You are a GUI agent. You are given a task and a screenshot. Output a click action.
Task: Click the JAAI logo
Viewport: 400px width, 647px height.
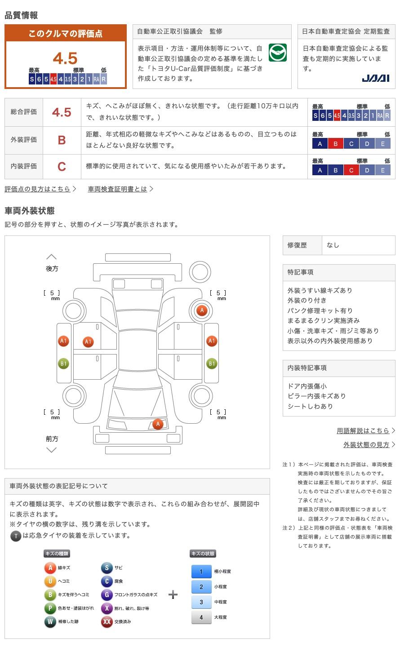pyautogui.click(x=375, y=78)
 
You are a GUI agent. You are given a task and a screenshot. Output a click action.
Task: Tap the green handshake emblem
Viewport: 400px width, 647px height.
pyautogui.click(x=277, y=53)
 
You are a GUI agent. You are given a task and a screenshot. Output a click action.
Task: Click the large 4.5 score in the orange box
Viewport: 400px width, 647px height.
pyautogui.click(x=65, y=58)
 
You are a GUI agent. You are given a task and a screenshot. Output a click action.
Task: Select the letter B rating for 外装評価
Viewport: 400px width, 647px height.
pyautogui.click(x=62, y=140)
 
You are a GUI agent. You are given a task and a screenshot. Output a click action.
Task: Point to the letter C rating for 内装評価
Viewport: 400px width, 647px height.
pyautogui.click(x=62, y=166)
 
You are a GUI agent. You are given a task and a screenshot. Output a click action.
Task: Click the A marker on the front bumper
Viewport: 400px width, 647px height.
pyautogui.click(x=157, y=424)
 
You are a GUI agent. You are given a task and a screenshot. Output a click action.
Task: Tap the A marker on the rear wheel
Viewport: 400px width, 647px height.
pyautogui.click(x=202, y=310)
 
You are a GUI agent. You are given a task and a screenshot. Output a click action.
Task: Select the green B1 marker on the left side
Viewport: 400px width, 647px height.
pyautogui.click(x=63, y=363)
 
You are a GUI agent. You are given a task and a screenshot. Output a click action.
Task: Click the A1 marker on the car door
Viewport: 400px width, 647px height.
pyautogui.click(x=88, y=342)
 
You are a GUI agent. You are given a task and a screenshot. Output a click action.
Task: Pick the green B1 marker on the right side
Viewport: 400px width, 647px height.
pyautogui.click(x=212, y=363)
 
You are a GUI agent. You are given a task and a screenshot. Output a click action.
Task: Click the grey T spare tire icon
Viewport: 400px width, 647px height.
pyautogui.click(x=16, y=536)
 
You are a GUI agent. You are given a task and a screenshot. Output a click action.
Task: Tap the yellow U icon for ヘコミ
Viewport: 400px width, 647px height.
pyautogui.click(x=50, y=581)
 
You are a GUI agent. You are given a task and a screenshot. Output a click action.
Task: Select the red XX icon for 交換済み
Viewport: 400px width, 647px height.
pyautogui.click(x=107, y=622)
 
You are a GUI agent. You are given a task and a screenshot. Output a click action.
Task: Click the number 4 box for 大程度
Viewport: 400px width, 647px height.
pyautogui.click(x=201, y=617)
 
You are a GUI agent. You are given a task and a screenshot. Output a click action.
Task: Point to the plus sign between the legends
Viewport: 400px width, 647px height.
pyautogui.click(x=173, y=595)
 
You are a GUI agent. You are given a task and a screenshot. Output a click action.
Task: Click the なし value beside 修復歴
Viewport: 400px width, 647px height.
pyautogui.click(x=333, y=245)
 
